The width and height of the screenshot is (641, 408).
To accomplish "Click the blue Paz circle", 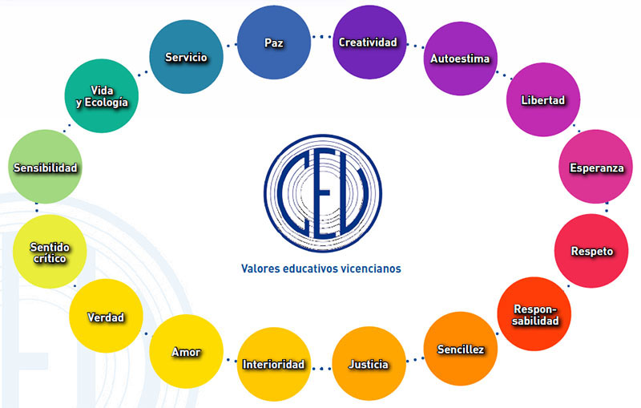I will [x=274, y=42].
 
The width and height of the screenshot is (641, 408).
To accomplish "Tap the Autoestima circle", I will [x=459, y=59].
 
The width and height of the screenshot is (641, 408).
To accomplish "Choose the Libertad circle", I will [x=542, y=100].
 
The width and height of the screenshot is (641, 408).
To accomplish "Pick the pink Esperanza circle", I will [x=595, y=167].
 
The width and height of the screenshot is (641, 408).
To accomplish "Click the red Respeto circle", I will [x=592, y=251].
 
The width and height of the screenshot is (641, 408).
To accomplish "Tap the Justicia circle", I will [x=369, y=365].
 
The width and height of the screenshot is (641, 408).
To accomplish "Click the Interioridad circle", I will [x=273, y=365].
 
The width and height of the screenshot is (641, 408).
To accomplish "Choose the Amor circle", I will [x=186, y=352].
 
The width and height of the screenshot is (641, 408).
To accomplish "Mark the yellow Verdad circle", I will [x=106, y=317].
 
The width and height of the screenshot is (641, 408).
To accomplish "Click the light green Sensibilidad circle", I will [x=46, y=168].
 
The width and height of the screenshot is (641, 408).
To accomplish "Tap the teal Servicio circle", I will [x=186, y=57].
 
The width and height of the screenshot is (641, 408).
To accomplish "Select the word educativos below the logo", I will [x=308, y=269].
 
